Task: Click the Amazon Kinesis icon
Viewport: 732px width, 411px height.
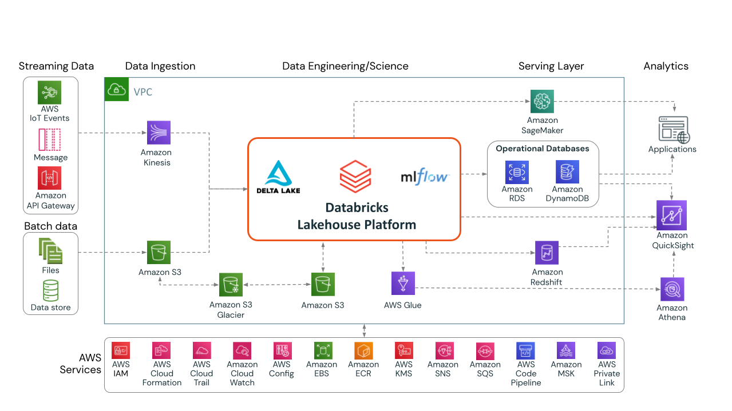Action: (x=159, y=132)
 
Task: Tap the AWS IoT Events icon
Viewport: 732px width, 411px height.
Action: (x=49, y=93)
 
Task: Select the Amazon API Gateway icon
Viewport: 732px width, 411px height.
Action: (x=49, y=178)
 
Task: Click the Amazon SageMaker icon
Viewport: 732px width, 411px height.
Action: (x=542, y=101)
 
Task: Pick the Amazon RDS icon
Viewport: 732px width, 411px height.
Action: (x=517, y=172)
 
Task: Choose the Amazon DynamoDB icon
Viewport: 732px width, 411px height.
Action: (x=567, y=172)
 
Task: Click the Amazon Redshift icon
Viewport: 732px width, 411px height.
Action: (x=547, y=253)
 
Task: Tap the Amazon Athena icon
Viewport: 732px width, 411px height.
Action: (x=672, y=289)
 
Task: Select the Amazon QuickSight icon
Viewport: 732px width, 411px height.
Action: (x=672, y=216)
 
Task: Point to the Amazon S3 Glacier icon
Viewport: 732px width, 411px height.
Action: (x=231, y=284)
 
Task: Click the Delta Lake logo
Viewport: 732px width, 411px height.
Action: (x=278, y=177)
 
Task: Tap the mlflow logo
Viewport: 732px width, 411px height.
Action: (x=425, y=177)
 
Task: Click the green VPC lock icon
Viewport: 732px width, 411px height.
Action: (x=116, y=90)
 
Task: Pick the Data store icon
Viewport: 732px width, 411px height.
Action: (x=51, y=290)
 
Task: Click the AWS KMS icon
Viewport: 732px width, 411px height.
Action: (x=403, y=350)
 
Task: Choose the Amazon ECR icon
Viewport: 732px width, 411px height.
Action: (x=363, y=350)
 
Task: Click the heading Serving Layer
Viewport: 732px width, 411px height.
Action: (x=551, y=66)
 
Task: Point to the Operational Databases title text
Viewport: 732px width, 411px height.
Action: (x=542, y=149)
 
